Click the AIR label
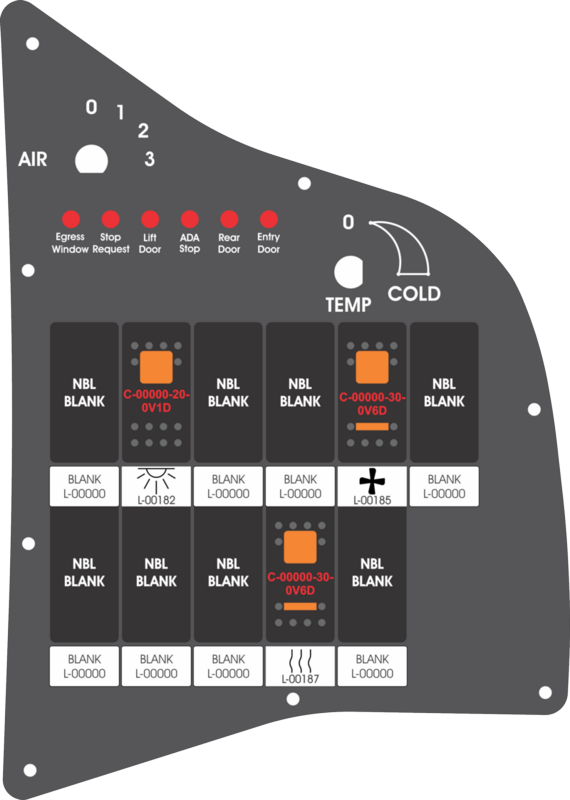click(x=33, y=159)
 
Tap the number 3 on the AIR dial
click(x=149, y=159)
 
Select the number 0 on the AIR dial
click(x=91, y=107)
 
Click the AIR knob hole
click(x=91, y=160)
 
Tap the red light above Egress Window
click(x=71, y=219)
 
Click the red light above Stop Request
click(x=111, y=219)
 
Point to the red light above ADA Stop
click(x=189, y=219)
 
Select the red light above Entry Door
click(x=268, y=219)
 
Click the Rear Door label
click(x=229, y=243)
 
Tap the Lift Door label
click(x=150, y=243)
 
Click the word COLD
click(x=414, y=294)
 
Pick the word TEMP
click(x=349, y=305)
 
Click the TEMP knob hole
click(x=349, y=272)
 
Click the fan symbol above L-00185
click(x=372, y=481)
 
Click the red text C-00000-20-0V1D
click(x=156, y=402)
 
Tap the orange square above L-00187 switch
click(x=300, y=547)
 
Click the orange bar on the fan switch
click(x=372, y=427)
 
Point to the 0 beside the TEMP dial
click(x=348, y=222)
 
